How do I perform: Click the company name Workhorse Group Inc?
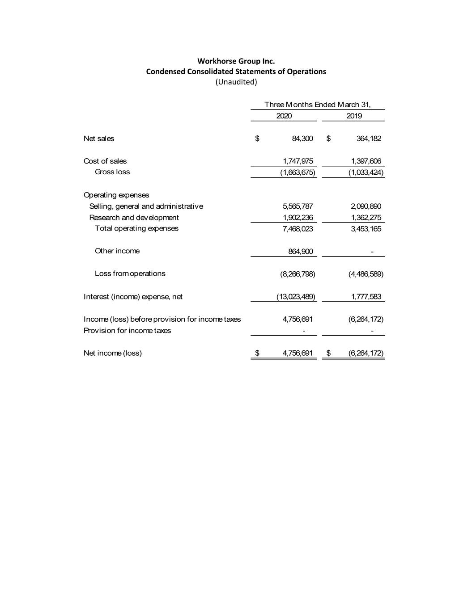[236, 61]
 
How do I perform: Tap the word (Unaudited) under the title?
[236, 82]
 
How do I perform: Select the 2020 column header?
[284, 116]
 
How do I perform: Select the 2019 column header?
[354, 116]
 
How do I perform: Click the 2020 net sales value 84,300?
[302, 139]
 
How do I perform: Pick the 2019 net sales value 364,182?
[369, 139]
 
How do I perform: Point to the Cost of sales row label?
[105, 161]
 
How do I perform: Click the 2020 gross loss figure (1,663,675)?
[298, 172]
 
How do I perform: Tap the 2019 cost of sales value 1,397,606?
[366, 161]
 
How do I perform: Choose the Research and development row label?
[134, 218]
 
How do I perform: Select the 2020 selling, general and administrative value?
[298, 206]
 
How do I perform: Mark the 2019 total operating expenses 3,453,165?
[366, 229]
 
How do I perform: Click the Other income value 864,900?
[301, 252]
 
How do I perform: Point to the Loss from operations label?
[130, 273]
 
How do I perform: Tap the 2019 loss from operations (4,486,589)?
[366, 274]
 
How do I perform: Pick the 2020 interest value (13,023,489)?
[296, 297]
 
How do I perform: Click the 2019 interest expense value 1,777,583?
[366, 297]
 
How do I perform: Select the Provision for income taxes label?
[127, 331]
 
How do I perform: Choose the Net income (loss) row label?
[112, 353]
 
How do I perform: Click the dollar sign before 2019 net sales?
[328, 139]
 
